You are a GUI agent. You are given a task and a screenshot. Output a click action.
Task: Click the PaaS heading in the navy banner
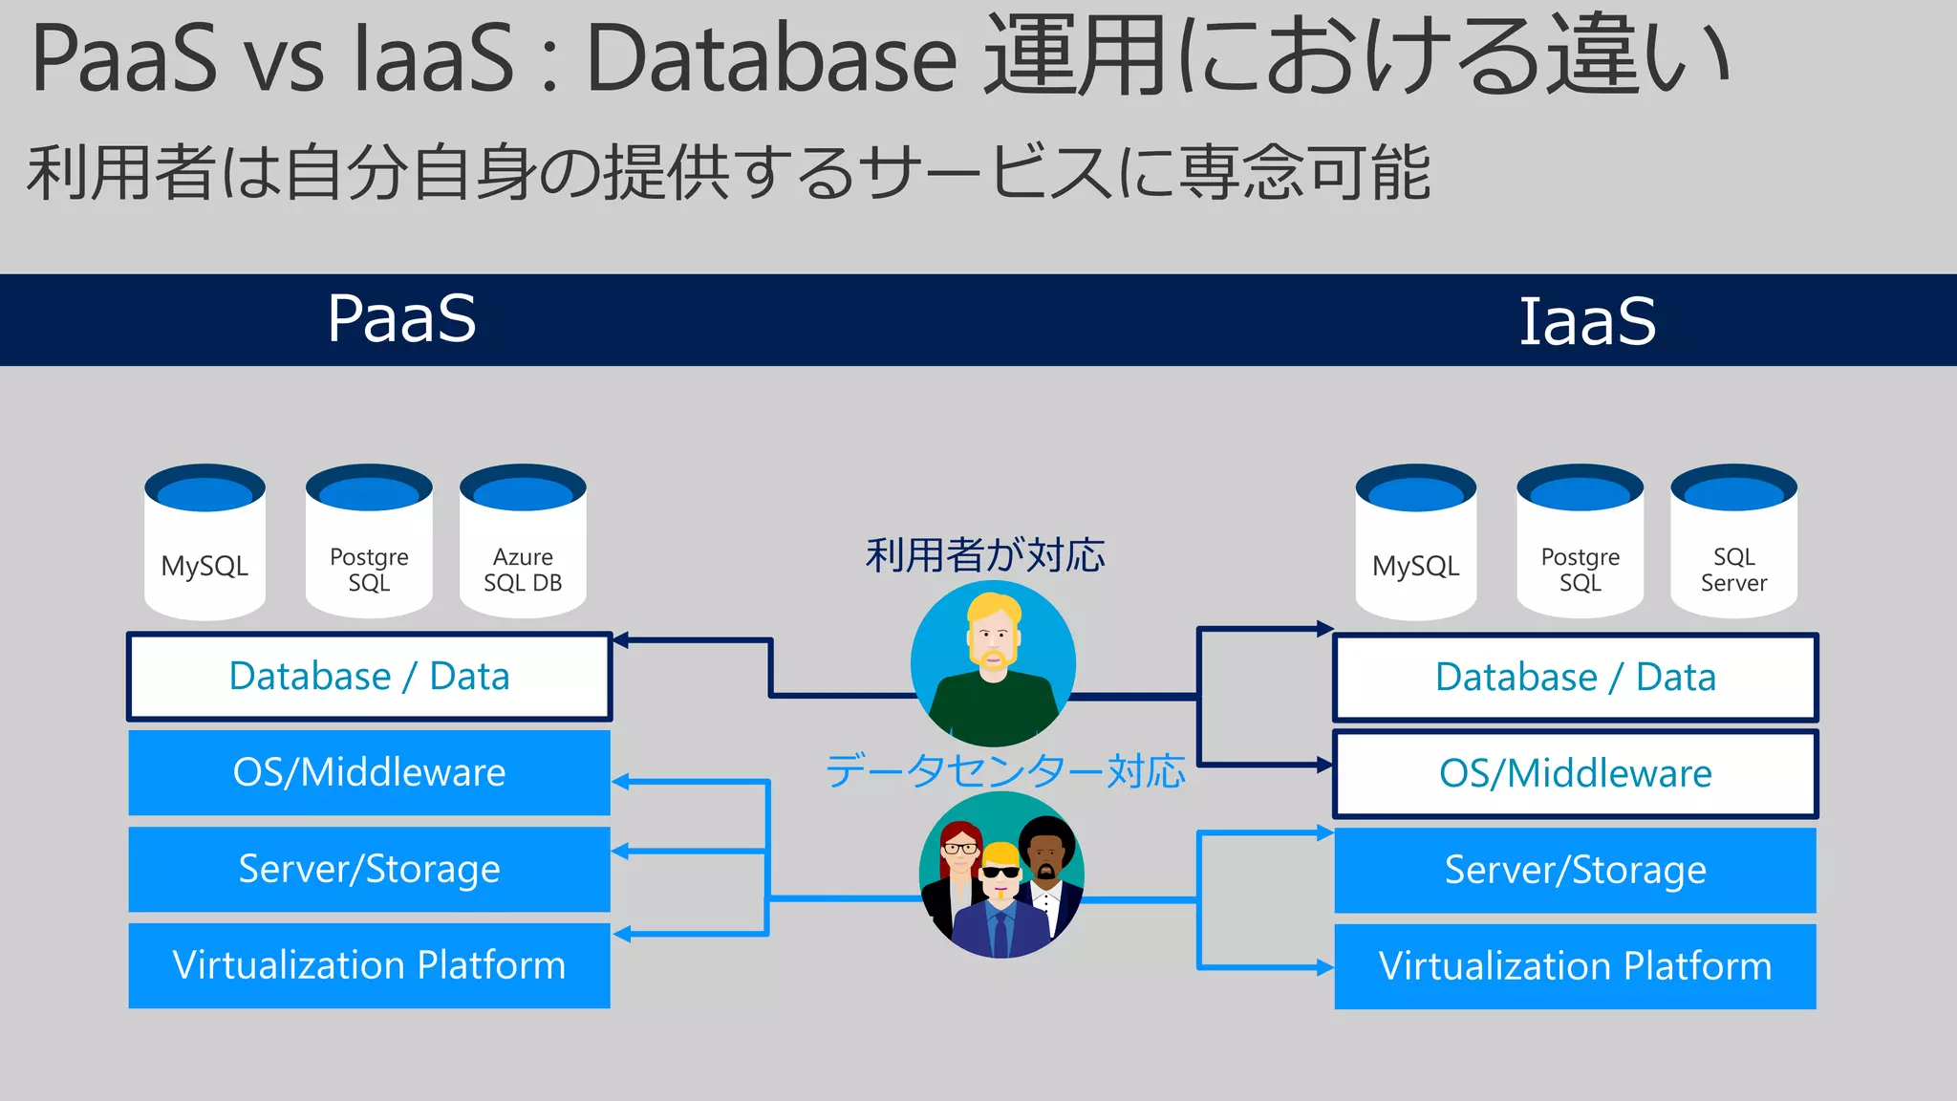(401, 318)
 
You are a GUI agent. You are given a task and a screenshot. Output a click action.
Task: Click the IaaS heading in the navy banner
(1587, 321)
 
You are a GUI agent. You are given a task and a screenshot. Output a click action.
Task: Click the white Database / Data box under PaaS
(369, 677)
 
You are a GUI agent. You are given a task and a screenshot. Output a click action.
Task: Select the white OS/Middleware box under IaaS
(1575, 773)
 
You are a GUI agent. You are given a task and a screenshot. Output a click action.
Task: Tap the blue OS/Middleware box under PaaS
(369, 772)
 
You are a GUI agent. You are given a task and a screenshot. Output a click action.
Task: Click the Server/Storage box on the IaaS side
(1575, 870)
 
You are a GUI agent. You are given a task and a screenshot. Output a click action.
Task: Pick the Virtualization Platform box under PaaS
(369, 965)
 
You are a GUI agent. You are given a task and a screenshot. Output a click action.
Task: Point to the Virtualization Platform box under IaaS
(1575, 966)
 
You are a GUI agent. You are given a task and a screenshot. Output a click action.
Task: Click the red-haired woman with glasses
(960, 848)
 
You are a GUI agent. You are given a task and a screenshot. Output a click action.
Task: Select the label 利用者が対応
(985, 555)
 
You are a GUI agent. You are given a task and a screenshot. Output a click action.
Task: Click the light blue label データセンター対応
(1005, 771)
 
